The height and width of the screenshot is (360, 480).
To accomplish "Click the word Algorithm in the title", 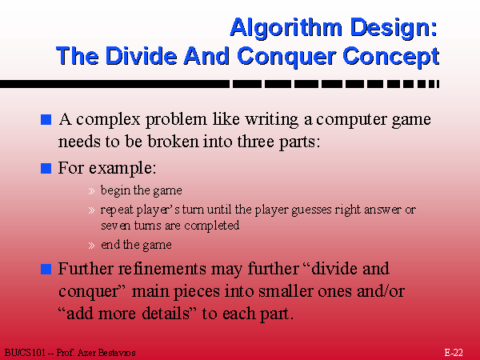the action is (286, 29).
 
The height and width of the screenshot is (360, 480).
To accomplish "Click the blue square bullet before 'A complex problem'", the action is (46, 120).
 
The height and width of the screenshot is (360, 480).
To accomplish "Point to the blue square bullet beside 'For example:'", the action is (46, 168).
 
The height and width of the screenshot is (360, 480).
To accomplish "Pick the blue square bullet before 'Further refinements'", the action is (46, 269).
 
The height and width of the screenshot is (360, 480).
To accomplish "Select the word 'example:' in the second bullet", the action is (122, 169).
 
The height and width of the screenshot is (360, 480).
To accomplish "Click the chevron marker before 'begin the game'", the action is (91, 191).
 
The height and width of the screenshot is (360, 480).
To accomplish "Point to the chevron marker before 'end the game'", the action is (91, 246).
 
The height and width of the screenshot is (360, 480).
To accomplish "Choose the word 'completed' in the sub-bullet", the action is (211, 226).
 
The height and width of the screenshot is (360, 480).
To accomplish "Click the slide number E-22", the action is (454, 353).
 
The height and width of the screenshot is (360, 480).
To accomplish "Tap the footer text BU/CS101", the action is (25, 353).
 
